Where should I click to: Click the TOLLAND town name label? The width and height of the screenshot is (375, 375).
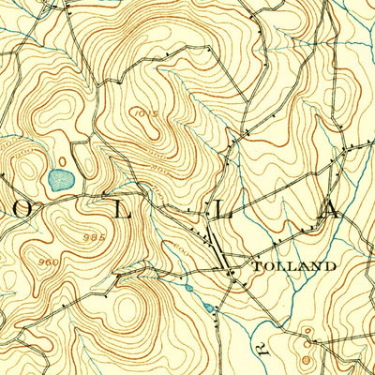click(294, 266)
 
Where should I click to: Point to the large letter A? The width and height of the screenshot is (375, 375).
click(329, 207)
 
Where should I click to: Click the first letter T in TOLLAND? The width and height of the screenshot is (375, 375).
click(258, 266)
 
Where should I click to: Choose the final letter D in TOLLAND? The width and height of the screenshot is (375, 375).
click(330, 266)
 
